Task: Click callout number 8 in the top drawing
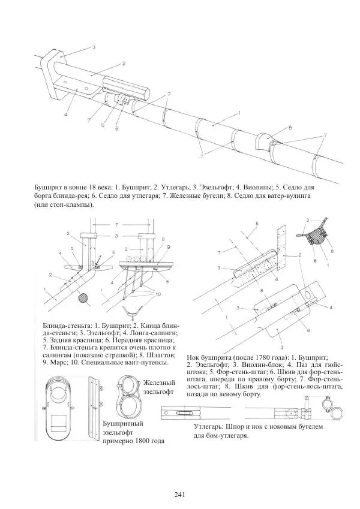290,128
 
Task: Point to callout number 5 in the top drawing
103,125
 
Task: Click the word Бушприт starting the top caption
49,188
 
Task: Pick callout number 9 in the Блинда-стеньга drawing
169,247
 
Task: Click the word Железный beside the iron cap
158,382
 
